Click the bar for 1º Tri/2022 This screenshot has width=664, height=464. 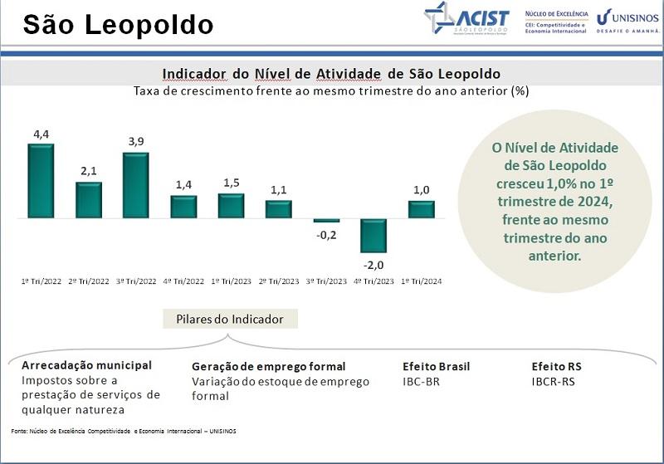41,181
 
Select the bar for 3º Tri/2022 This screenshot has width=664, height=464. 135,185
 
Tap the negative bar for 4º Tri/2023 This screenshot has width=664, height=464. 373,236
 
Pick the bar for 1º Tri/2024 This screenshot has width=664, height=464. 422,209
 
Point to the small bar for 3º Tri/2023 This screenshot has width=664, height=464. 326,221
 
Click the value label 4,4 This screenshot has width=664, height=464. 41,134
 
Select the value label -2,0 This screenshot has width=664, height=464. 373,265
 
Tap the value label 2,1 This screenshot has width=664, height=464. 89,171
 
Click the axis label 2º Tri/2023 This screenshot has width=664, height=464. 278,281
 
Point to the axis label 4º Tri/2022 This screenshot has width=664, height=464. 183,281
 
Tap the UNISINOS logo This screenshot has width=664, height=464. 627,18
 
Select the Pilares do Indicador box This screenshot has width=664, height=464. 230,320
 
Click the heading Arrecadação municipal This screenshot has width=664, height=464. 87,365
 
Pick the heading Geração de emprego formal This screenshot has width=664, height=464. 268,366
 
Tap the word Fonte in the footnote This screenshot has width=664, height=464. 19,432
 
